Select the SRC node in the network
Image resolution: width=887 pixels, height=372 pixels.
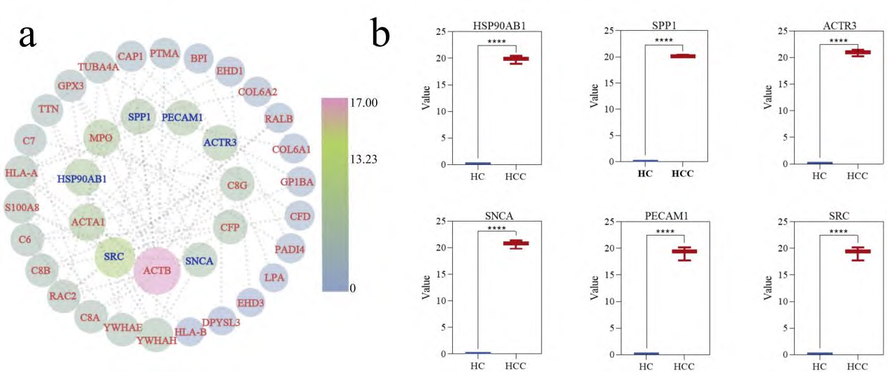pos(113,257)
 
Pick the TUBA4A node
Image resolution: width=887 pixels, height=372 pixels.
pos(99,67)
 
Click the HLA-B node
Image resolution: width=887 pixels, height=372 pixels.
pos(191,331)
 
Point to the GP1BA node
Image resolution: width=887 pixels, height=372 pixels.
pos(298,182)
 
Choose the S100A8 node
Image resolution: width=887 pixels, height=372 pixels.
pos(22,207)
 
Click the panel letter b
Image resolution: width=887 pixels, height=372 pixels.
pos(381,33)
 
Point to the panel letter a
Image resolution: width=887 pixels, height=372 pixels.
pos(28,33)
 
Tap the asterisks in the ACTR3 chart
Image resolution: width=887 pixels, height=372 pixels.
pos(837,41)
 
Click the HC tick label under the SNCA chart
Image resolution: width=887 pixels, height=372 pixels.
pos(478,365)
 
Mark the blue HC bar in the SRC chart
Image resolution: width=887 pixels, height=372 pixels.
pos(819,353)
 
